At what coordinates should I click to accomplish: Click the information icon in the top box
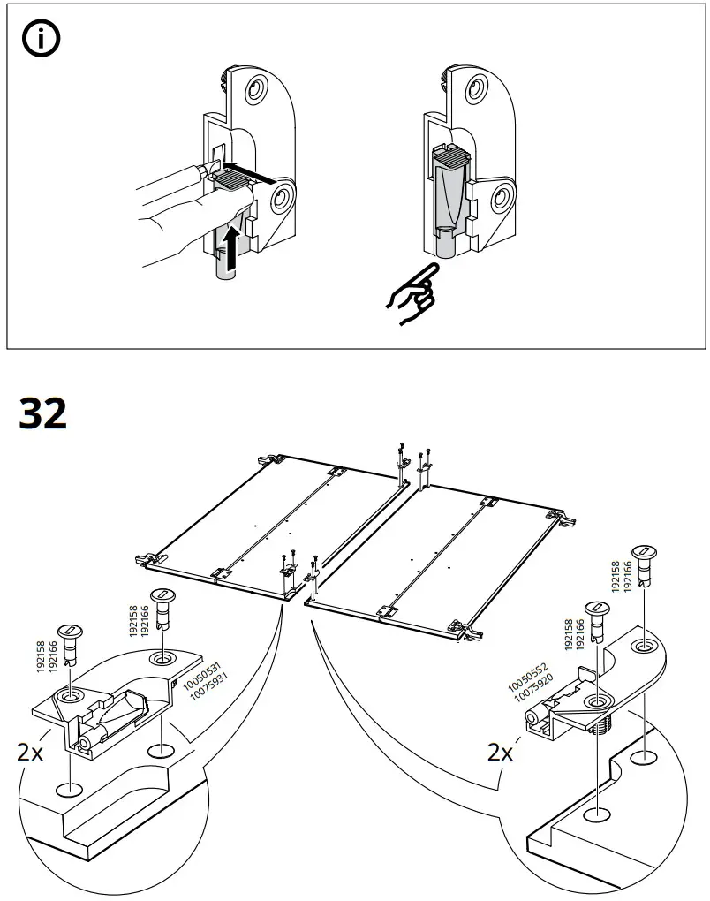(40, 42)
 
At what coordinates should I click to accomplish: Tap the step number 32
(43, 413)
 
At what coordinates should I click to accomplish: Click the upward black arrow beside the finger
(230, 247)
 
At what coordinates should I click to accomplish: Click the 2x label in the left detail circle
(30, 752)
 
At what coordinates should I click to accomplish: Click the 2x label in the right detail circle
(501, 752)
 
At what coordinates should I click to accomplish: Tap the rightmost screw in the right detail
(648, 564)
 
